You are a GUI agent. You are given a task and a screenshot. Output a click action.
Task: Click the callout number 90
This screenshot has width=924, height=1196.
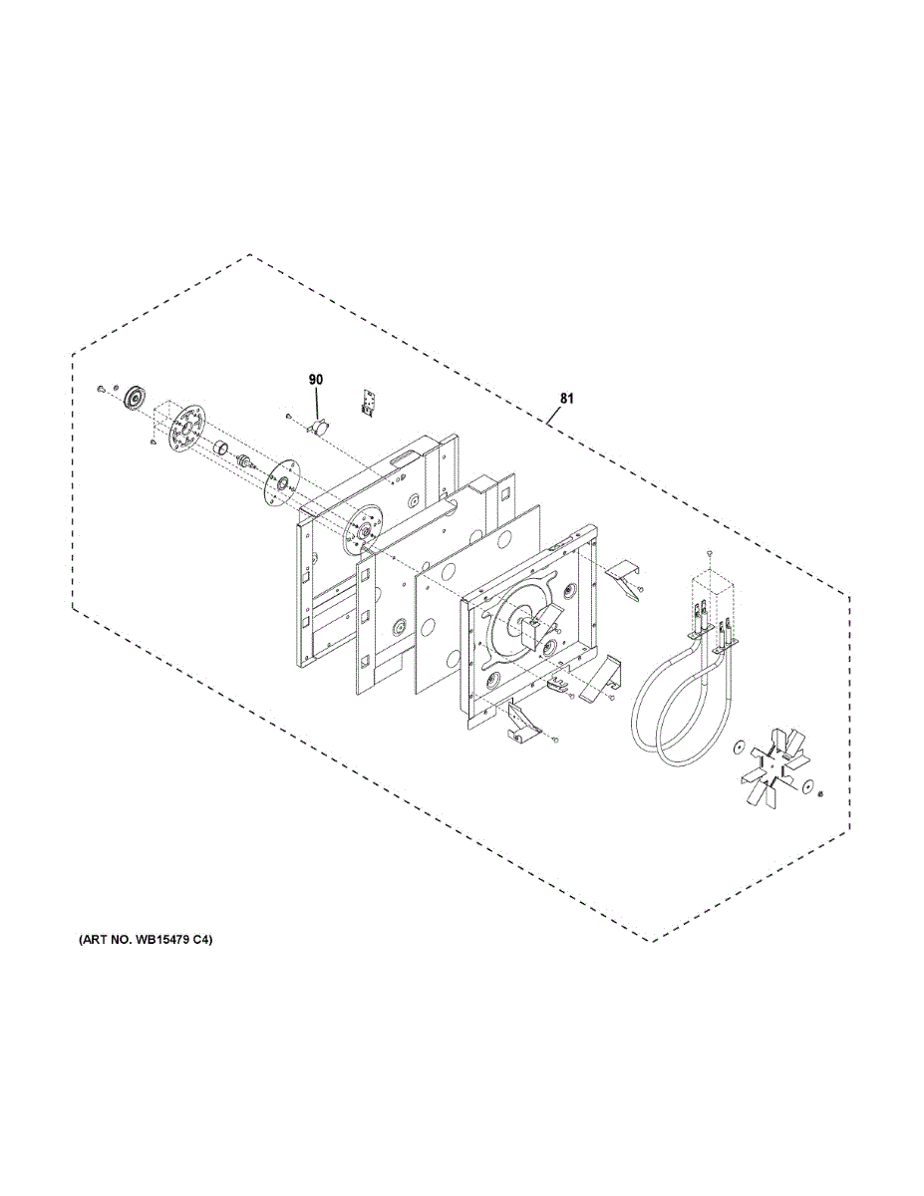tap(316, 380)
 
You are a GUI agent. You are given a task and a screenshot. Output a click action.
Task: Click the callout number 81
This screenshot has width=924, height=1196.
tap(566, 399)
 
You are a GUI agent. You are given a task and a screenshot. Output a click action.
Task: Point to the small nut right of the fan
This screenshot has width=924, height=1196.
tap(818, 794)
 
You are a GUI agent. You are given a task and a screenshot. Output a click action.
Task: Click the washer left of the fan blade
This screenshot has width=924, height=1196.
tap(738, 747)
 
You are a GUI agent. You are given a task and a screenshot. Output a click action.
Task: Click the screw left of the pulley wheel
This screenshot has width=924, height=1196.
tap(102, 387)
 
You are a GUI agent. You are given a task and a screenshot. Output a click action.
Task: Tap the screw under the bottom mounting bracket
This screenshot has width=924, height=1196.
tap(556, 740)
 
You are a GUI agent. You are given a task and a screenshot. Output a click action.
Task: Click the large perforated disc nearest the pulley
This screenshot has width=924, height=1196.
tap(184, 432)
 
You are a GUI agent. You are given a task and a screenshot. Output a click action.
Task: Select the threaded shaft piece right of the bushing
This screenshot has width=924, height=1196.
tap(242, 462)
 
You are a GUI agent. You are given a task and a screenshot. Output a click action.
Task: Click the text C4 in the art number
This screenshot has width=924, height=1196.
tap(203, 940)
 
